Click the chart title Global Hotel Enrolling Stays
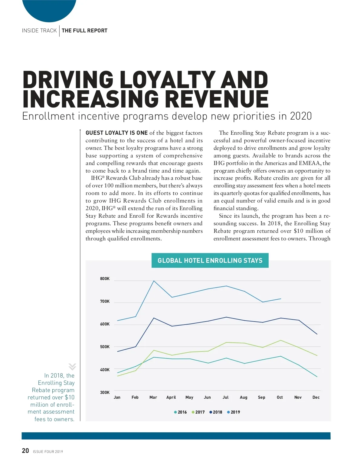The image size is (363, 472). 210,260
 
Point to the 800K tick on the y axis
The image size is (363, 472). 105,279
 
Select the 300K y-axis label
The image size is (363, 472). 105,392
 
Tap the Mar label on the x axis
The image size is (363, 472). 153,397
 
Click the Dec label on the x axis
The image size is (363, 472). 316,397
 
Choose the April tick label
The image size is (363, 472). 171,397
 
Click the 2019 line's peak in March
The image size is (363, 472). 154,281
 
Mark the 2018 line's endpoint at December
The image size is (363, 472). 317,334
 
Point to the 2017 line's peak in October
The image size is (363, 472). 281,340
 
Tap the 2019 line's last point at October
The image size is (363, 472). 281,299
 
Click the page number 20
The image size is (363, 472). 25,451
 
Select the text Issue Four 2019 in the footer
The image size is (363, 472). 48,452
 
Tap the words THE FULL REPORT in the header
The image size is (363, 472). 84,31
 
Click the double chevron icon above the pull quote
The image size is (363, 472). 72,367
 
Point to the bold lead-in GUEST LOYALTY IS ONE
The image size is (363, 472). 116,133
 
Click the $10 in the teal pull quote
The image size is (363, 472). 70,397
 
